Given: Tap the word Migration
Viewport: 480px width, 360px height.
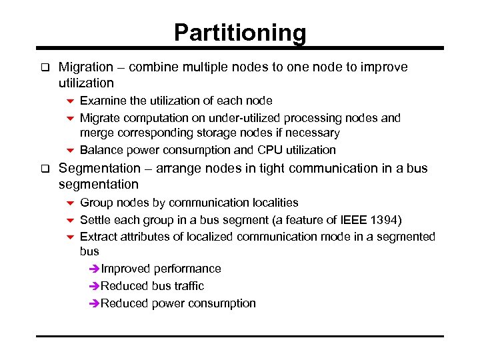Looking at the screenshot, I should [x=86, y=67].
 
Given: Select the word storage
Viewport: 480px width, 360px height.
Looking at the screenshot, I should [x=198, y=133].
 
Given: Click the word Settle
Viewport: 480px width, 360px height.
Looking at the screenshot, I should [x=97, y=219].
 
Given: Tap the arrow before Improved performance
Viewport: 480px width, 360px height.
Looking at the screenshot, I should [x=93, y=269].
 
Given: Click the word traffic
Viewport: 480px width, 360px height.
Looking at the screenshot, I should [x=188, y=286].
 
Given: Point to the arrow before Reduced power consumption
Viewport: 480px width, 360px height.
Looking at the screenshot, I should [x=93, y=303].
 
